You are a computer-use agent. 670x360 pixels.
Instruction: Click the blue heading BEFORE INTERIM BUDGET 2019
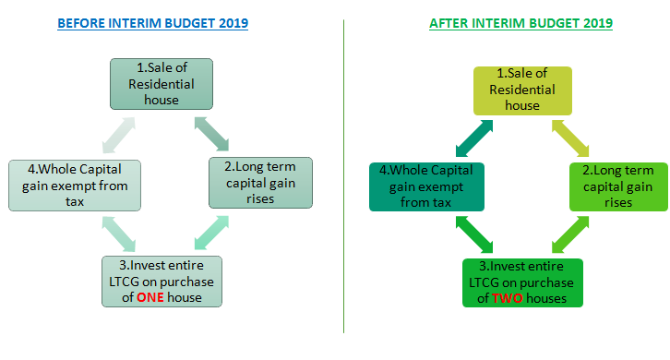pyautogui.click(x=152, y=23)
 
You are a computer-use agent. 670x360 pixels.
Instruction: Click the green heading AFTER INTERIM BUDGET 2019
pyautogui.click(x=520, y=23)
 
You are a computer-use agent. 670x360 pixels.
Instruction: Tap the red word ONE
pyautogui.click(x=150, y=297)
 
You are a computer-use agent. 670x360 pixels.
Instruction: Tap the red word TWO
pyautogui.click(x=508, y=298)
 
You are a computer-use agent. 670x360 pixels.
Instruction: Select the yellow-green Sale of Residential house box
pyautogui.click(x=522, y=90)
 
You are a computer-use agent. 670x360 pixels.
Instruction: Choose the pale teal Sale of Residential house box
pyautogui.click(x=162, y=84)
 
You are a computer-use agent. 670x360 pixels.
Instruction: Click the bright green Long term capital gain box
pyautogui.click(x=618, y=186)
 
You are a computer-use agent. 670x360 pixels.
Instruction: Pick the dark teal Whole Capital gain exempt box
pyautogui.click(x=426, y=186)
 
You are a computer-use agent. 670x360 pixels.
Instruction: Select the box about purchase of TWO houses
pyautogui.click(x=522, y=282)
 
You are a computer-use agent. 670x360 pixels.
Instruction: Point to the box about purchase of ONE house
pyautogui.click(x=162, y=282)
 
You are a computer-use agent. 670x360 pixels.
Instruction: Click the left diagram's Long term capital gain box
pyautogui.click(x=260, y=183)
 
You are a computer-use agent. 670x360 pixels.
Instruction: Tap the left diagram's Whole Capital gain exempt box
pyautogui.click(x=75, y=186)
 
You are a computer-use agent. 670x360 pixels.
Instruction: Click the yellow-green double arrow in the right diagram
pyautogui.click(x=570, y=138)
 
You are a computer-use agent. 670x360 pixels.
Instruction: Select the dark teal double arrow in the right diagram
pyautogui.click(x=474, y=138)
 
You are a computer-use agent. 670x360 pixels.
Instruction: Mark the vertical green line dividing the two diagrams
pyautogui.click(x=343, y=176)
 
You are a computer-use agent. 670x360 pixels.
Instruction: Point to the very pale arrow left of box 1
pyautogui.click(x=119, y=135)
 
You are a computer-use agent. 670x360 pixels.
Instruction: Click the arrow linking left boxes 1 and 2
pyautogui.click(x=211, y=134)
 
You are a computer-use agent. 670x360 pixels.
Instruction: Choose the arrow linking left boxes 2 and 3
pyautogui.click(x=211, y=233)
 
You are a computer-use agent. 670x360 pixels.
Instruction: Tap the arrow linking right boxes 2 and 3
pyautogui.click(x=570, y=234)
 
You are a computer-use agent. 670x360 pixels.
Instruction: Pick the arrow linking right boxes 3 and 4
pyautogui.click(x=474, y=234)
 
